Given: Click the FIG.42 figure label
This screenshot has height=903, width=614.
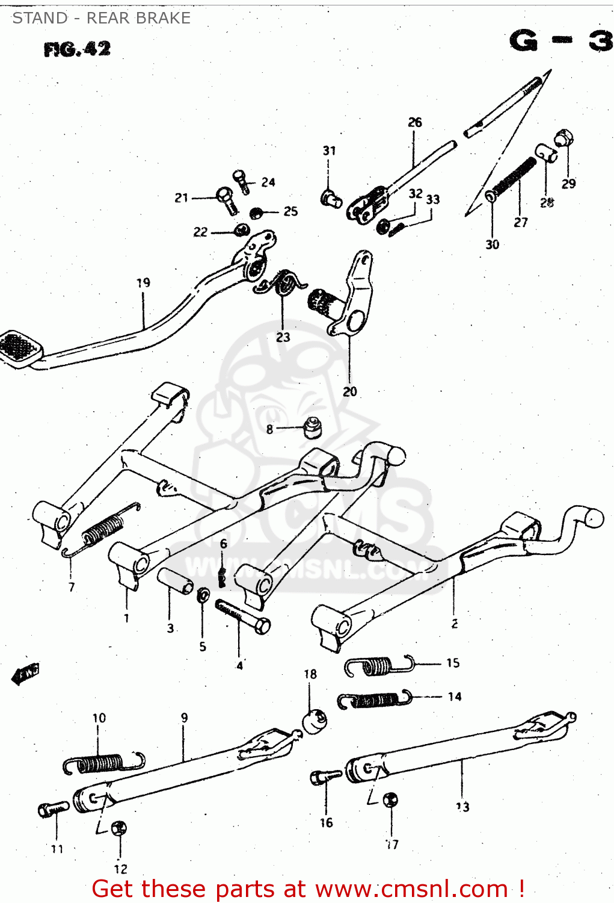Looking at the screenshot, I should click(x=77, y=49).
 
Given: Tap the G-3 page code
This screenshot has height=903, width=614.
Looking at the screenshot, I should click(x=560, y=41).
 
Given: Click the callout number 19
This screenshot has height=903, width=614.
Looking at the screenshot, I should click(x=143, y=282).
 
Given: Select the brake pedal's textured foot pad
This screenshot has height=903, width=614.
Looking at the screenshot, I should click(x=19, y=349).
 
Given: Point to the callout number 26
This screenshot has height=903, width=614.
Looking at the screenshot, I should click(x=415, y=122).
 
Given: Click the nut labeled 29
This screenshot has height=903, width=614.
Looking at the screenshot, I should click(x=563, y=138).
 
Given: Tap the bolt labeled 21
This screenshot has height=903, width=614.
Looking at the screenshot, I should click(x=227, y=200).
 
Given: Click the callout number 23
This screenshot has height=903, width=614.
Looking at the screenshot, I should click(x=283, y=337).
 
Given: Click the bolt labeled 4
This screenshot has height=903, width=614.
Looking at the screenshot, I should click(x=243, y=617).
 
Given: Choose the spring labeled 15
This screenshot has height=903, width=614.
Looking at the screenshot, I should click(x=379, y=665).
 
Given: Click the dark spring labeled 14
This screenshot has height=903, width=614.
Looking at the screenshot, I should click(x=374, y=700).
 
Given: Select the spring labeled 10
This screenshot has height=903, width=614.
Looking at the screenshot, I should click(x=102, y=763).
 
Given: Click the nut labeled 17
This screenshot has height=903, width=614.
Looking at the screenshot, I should click(x=390, y=800).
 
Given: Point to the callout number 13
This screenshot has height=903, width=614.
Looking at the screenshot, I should click(x=462, y=807).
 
